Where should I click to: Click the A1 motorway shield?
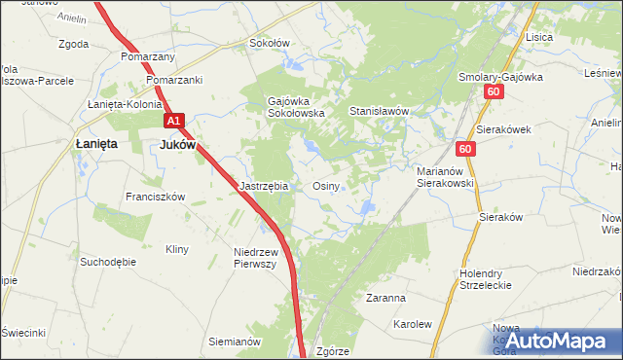(173, 121)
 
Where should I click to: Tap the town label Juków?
(177, 144)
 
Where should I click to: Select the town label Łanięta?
(95, 144)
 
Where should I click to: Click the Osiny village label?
(325, 185)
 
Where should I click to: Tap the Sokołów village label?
(270, 43)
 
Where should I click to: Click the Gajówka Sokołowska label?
(296, 106)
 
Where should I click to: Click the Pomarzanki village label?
(175, 80)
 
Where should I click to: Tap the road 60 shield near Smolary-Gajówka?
(494, 91)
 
